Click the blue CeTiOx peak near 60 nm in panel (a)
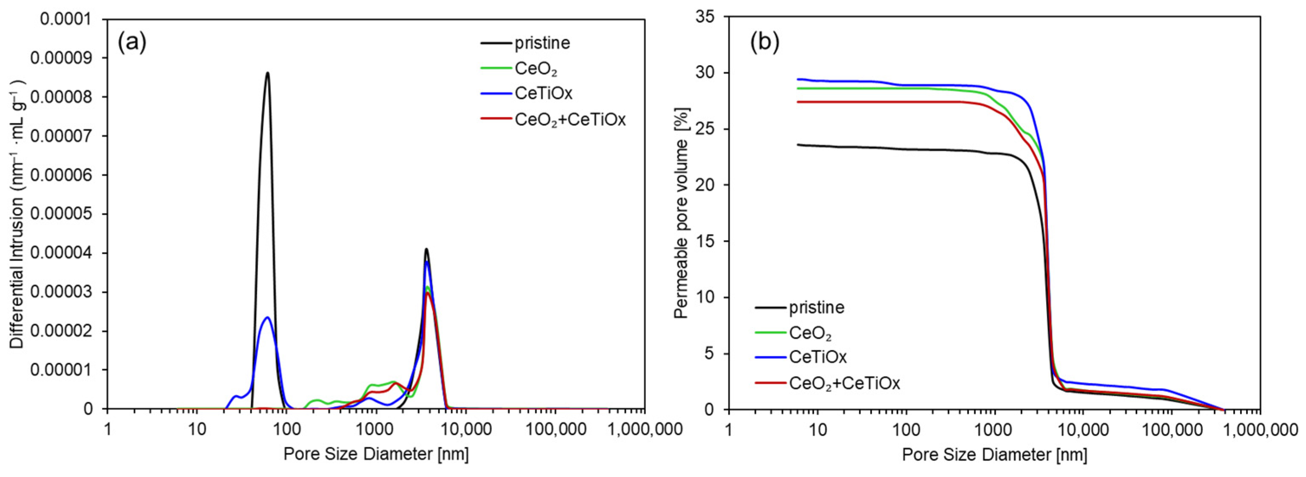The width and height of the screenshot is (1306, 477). point(267,317)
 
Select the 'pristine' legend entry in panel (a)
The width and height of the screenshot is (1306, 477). point(542,43)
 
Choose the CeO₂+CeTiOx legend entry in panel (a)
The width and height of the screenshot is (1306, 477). point(570,120)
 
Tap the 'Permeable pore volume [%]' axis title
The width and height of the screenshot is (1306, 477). point(682,213)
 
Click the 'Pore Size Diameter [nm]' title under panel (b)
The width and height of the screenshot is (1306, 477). point(994,454)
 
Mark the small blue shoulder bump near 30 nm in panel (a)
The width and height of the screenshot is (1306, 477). point(235,396)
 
